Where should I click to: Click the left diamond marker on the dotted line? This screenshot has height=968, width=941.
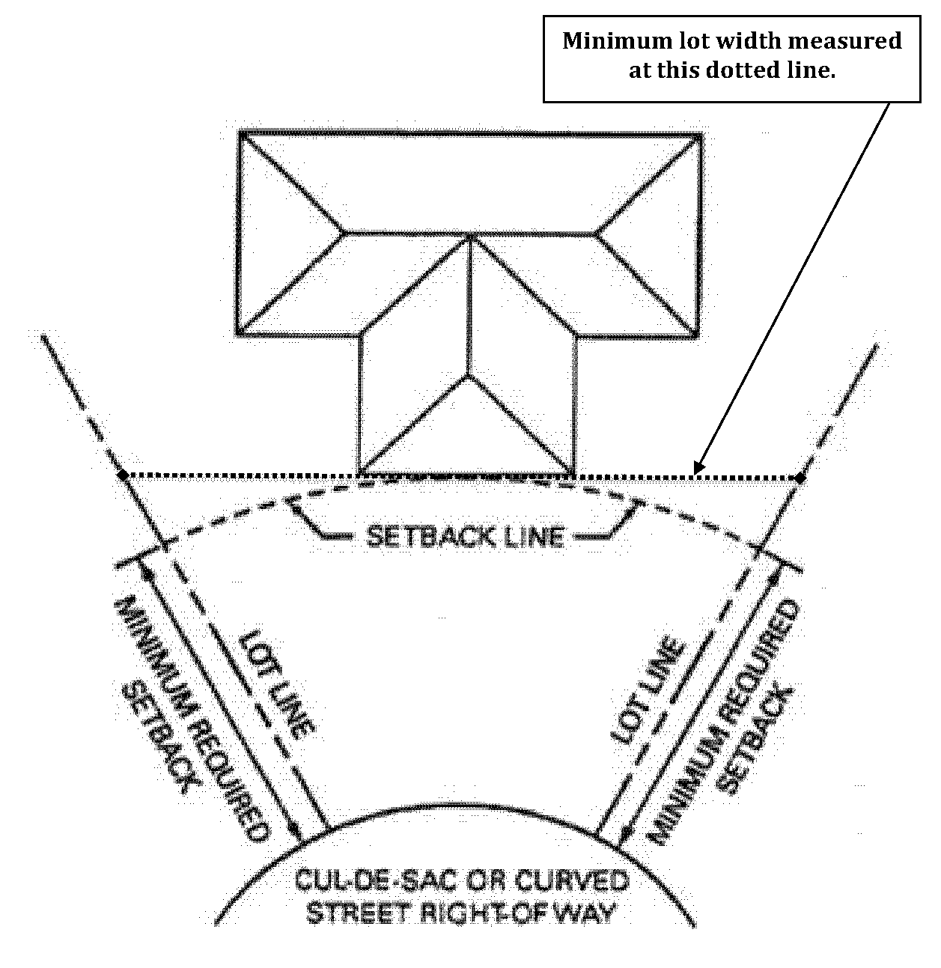click(x=123, y=475)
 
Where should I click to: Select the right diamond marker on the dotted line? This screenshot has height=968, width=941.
click(x=800, y=478)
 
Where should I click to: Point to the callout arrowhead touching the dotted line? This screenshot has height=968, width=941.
click(x=698, y=468)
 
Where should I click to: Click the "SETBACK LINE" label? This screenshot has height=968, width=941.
click(x=465, y=537)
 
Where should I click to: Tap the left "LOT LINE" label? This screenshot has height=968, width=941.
click(x=276, y=685)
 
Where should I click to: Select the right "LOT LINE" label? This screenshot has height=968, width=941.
click(x=648, y=691)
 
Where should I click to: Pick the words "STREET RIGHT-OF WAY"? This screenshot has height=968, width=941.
click(x=461, y=913)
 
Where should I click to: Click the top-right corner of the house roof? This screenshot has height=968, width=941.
click(x=701, y=134)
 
